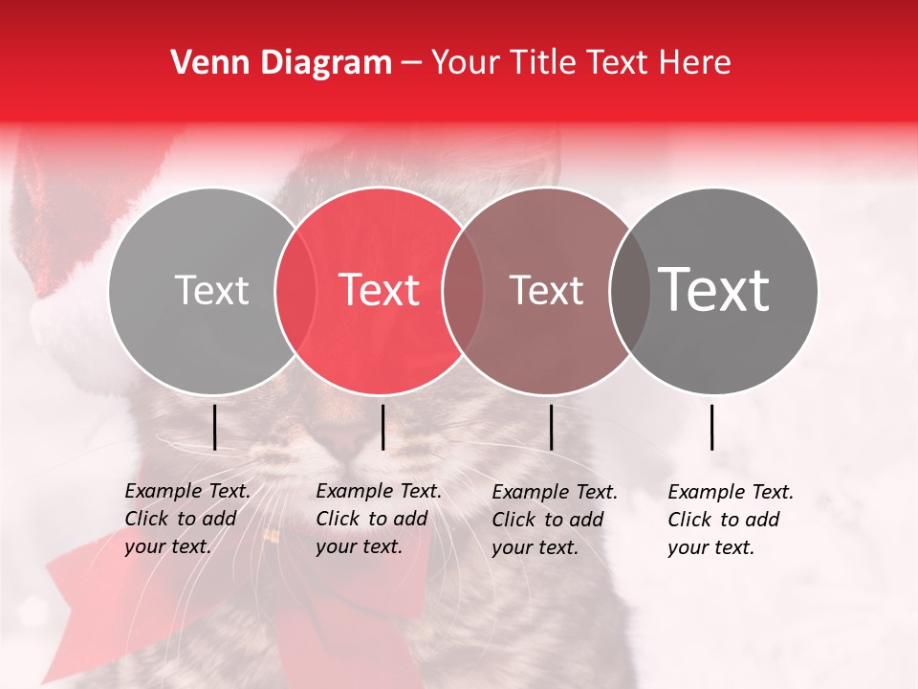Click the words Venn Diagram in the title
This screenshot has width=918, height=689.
click(x=281, y=63)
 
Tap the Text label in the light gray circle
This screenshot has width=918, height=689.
click(x=211, y=290)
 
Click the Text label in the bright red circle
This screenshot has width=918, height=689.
click(x=379, y=290)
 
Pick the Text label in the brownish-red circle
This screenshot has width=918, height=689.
click(x=546, y=290)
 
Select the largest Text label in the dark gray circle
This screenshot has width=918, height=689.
click(x=713, y=290)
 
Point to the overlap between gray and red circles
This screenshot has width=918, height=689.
click(x=295, y=291)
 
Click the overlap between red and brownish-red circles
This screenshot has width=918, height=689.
click(x=463, y=291)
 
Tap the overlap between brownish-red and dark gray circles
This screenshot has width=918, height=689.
click(x=629, y=291)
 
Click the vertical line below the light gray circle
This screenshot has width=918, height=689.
click(x=214, y=427)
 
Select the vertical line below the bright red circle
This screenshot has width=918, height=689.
click(x=382, y=427)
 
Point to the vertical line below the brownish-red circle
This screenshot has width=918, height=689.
click(x=551, y=427)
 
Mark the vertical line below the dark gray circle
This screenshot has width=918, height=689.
click(x=712, y=427)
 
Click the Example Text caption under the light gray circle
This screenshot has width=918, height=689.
click(x=186, y=519)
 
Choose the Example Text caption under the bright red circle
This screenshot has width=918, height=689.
click(x=378, y=519)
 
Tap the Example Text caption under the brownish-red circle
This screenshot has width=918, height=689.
click(x=554, y=520)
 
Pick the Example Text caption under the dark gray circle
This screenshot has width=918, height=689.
click(x=730, y=520)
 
